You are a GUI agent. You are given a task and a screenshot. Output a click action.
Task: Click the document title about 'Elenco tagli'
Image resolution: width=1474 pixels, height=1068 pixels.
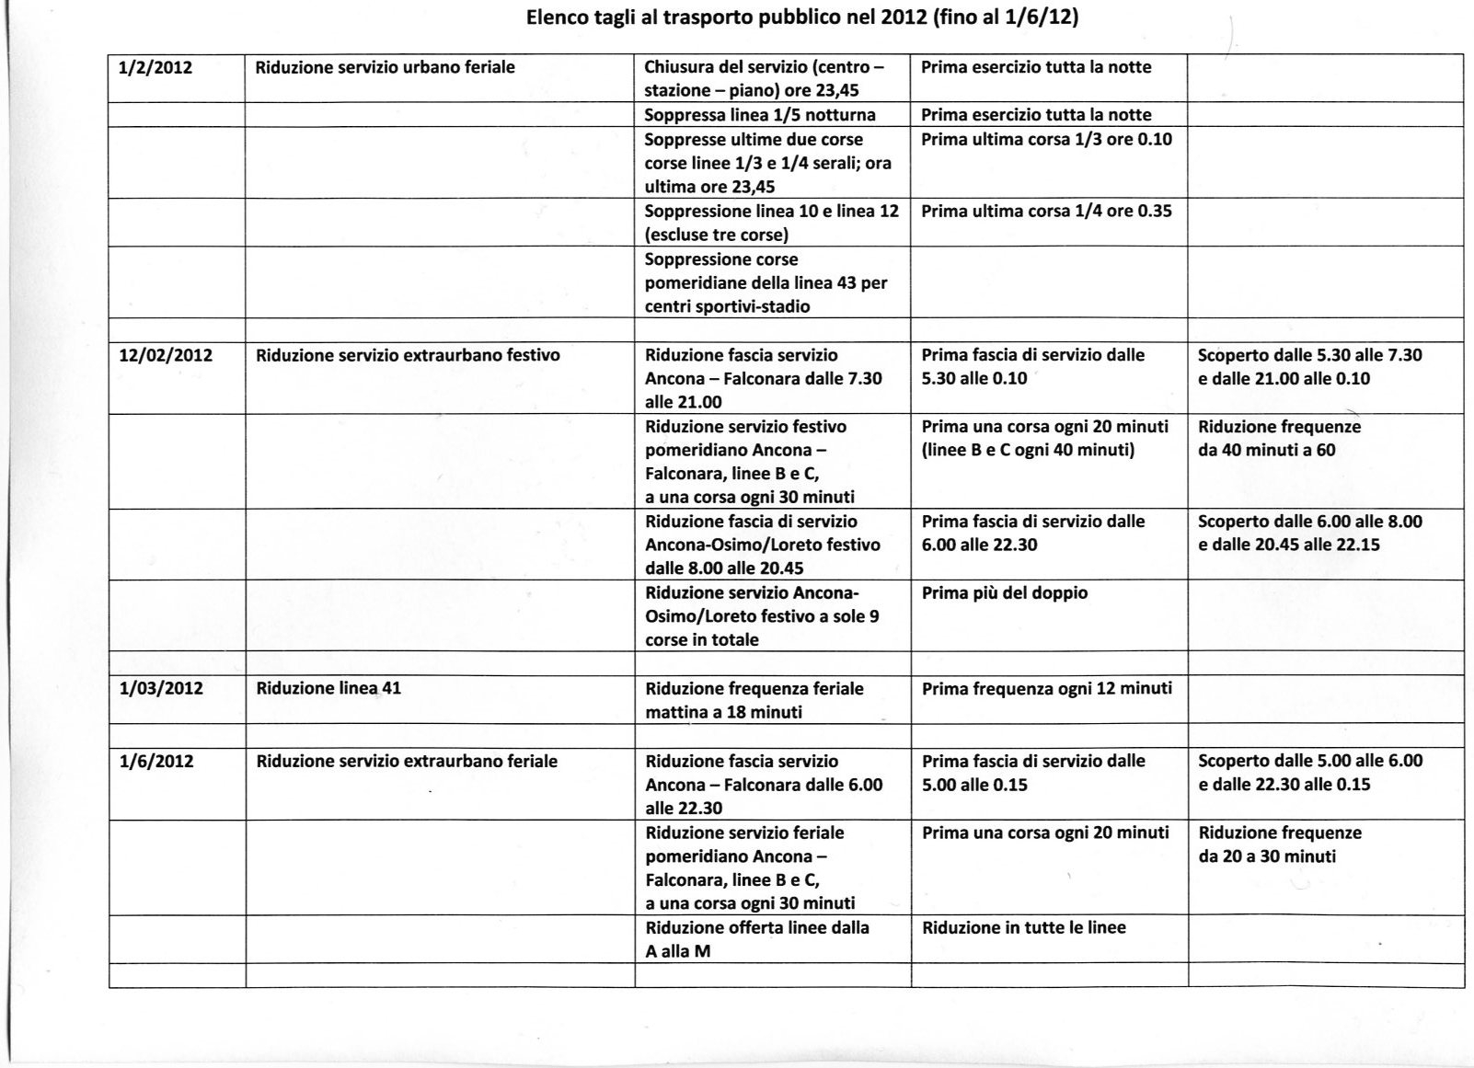click(x=801, y=17)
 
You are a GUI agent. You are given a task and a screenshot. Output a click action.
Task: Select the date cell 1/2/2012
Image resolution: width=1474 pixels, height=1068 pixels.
click(x=155, y=67)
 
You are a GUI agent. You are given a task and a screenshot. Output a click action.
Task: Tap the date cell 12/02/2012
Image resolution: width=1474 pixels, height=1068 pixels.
click(x=166, y=355)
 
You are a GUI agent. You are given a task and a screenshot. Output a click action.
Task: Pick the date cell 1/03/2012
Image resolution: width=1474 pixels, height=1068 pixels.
click(x=161, y=688)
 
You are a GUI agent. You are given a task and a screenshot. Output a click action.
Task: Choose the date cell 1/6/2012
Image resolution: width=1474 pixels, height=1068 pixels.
click(x=156, y=761)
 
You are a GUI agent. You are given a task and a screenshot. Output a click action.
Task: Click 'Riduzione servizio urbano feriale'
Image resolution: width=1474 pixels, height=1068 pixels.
click(x=385, y=67)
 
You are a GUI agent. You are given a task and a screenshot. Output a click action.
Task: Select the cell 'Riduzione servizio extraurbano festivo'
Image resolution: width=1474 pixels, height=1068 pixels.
click(x=408, y=355)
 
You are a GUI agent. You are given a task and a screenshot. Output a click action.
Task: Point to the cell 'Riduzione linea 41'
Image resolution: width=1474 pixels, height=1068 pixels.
click(x=328, y=688)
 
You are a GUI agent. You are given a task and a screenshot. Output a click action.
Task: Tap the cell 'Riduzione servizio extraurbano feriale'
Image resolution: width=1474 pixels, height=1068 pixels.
click(x=407, y=761)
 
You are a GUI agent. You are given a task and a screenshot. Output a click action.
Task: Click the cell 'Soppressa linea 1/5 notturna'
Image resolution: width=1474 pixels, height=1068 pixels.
click(x=760, y=115)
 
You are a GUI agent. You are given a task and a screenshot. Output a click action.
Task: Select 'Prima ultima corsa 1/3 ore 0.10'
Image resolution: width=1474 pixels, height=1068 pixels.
click(x=1046, y=139)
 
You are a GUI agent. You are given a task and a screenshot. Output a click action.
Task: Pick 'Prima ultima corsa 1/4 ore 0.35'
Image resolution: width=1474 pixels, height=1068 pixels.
click(x=1046, y=211)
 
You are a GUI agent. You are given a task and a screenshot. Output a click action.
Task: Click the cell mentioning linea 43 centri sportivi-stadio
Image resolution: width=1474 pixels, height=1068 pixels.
click(x=766, y=282)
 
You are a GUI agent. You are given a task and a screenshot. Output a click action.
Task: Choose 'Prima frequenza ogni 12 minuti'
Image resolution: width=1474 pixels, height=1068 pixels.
click(x=1047, y=688)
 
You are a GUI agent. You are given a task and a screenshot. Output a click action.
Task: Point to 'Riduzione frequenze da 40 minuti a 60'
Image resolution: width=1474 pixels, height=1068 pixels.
click(x=1279, y=439)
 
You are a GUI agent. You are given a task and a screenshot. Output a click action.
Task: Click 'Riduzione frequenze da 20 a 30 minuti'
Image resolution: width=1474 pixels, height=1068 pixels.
click(x=1280, y=844)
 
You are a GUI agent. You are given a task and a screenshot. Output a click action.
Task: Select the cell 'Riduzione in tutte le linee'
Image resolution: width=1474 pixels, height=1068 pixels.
click(x=1024, y=927)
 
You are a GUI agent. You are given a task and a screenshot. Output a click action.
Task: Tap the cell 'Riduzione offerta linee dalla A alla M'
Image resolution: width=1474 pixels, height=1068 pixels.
click(x=757, y=939)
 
